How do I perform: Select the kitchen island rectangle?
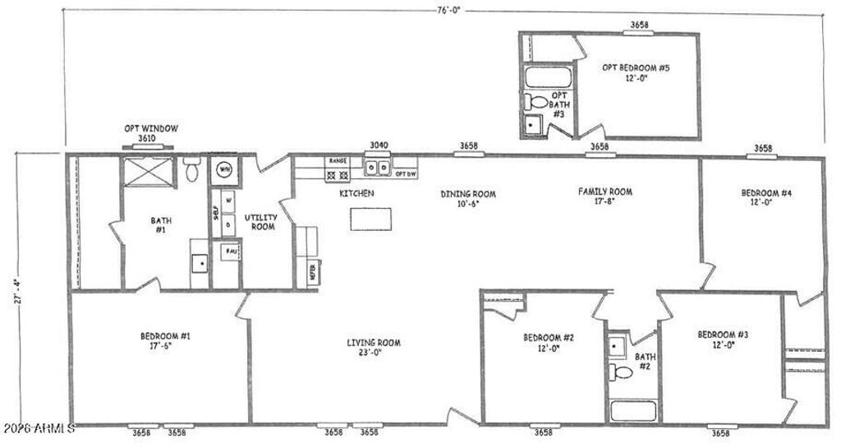[367, 219]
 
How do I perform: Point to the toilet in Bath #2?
[623, 372]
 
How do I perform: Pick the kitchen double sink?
[379, 169]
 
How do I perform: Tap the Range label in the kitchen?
[338, 161]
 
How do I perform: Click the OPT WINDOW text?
[151, 128]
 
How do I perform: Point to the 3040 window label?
[378, 145]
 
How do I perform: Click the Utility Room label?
[260, 222]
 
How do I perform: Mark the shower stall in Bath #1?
[147, 174]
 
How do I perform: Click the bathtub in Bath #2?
[632, 411]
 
